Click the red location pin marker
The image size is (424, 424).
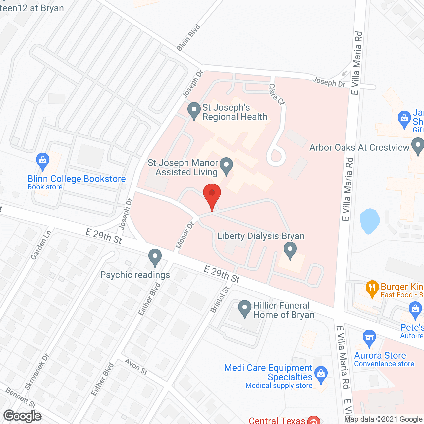[x=212, y=195]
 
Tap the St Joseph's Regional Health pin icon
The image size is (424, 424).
[x=194, y=110]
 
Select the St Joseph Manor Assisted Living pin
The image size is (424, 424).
[x=227, y=166]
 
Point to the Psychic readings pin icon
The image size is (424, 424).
[x=155, y=257]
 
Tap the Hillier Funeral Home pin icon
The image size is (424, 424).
[x=245, y=308]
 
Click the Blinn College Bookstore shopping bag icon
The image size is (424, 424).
[x=43, y=161]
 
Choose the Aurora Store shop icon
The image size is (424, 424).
[x=369, y=338]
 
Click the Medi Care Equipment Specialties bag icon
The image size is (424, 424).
[x=321, y=374]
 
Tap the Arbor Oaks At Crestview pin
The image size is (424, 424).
[x=417, y=146]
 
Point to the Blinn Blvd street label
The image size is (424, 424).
[x=188, y=37]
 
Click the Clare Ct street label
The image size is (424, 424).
[x=276, y=94]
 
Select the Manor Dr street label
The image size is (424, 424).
[x=185, y=235]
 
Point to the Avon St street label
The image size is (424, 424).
[x=136, y=367]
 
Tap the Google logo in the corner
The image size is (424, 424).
[x=23, y=416]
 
